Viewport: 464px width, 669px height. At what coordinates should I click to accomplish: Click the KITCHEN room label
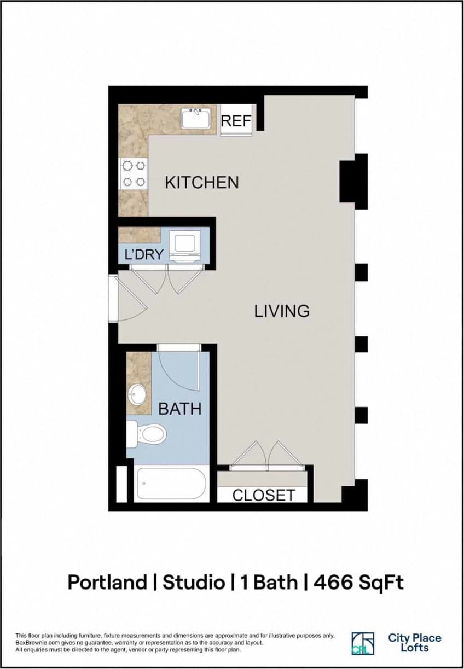click(x=202, y=182)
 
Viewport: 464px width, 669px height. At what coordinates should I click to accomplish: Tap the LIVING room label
click(x=282, y=311)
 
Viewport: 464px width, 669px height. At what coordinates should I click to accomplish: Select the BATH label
click(x=179, y=409)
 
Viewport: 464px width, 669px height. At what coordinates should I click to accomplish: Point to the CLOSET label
click(x=264, y=495)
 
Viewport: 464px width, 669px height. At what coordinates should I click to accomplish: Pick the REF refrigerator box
click(x=236, y=120)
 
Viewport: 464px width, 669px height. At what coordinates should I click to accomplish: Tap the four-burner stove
click(x=134, y=173)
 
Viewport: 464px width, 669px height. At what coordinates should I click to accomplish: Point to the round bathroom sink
click(x=137, y=393)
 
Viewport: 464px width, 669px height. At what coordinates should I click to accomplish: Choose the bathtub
click(x=171, y=484)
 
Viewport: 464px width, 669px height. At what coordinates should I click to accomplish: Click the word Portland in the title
click(x=107, y=582)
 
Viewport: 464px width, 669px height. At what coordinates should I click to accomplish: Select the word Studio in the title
click(x=194, y=582)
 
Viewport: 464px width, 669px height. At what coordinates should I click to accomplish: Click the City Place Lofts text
click(x=414, y=643)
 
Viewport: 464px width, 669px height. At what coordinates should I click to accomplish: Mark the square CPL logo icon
click(x=363, y=643)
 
